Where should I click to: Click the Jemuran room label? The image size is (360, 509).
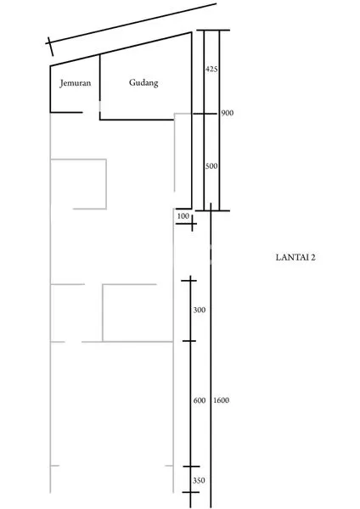coord(75,83)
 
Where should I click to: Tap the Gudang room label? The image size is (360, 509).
coord(144,82)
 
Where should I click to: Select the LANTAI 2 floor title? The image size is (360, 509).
coord(296,255)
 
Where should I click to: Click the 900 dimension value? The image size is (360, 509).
coord(227,113)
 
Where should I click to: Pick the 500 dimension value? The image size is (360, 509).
coord(212,166)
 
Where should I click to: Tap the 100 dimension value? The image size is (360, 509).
coord(183,217)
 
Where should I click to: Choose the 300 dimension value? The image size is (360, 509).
coord(200,310)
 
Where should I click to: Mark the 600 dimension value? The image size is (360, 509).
coord(200,400)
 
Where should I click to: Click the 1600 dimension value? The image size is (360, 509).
coord(222,400)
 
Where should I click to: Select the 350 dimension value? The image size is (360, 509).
coord(200,480)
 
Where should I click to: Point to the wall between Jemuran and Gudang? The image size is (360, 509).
coord(100,85)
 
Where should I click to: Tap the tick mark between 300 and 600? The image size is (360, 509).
coord(190,340)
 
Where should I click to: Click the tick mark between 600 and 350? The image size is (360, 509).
coord(190,467)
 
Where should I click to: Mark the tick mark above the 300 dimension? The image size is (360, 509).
coord(190,278)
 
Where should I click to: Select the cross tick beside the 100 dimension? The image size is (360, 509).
coord(194,224)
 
